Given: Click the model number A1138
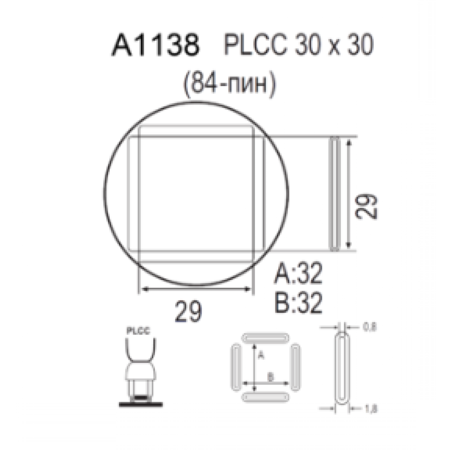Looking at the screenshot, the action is click(x=156, y=44).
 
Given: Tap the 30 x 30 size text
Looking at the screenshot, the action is click(x=334, y=44).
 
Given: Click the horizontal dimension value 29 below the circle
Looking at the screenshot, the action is click(x=188, y=312).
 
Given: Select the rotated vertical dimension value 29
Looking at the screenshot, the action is click(x=366, y=206).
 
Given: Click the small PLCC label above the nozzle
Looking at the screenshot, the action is click(x=138, y=331).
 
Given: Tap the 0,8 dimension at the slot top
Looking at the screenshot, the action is click(x=370, y=327).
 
